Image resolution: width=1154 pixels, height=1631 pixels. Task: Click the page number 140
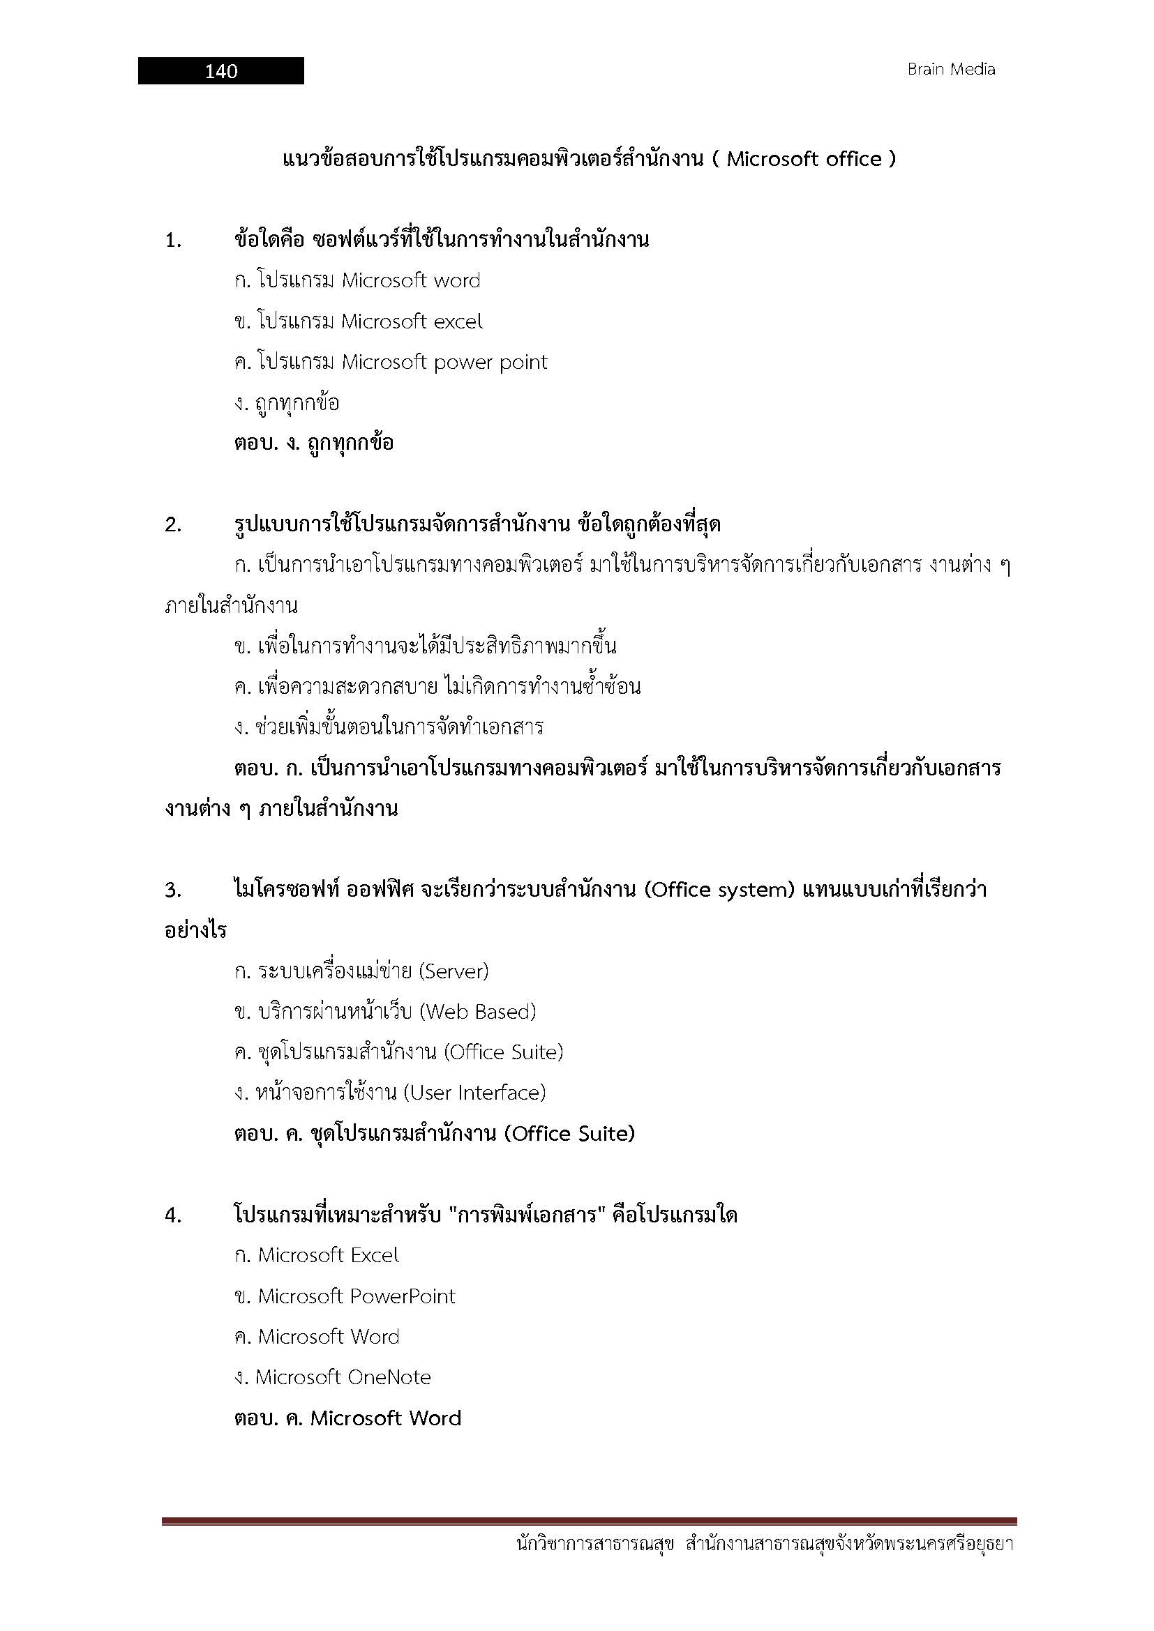tap(221, 71)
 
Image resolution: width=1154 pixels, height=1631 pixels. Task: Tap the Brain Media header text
tap(951, 70)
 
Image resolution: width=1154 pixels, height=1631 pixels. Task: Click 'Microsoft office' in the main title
tap(804, 159)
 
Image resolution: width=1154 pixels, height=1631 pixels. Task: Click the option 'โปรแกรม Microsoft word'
tap(357, 280)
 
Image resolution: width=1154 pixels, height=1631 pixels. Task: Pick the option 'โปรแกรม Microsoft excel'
tap(358, 321)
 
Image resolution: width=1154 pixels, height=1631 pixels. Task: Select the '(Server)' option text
tap(454, 971)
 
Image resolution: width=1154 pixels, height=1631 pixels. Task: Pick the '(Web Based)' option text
tap(477, 1012)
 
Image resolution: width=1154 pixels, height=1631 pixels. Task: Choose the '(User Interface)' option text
tap(474, 1093)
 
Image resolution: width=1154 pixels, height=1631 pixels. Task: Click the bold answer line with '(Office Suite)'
tap(434, 1134)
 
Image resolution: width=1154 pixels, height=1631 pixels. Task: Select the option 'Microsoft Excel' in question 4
tap(317, 1255)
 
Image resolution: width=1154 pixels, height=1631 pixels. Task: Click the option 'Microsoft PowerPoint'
tap(345, 1296)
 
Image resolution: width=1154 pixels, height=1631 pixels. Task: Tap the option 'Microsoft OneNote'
tap(333, 1377)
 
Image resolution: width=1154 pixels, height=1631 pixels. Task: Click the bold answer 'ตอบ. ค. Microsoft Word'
tap(347, 1418)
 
